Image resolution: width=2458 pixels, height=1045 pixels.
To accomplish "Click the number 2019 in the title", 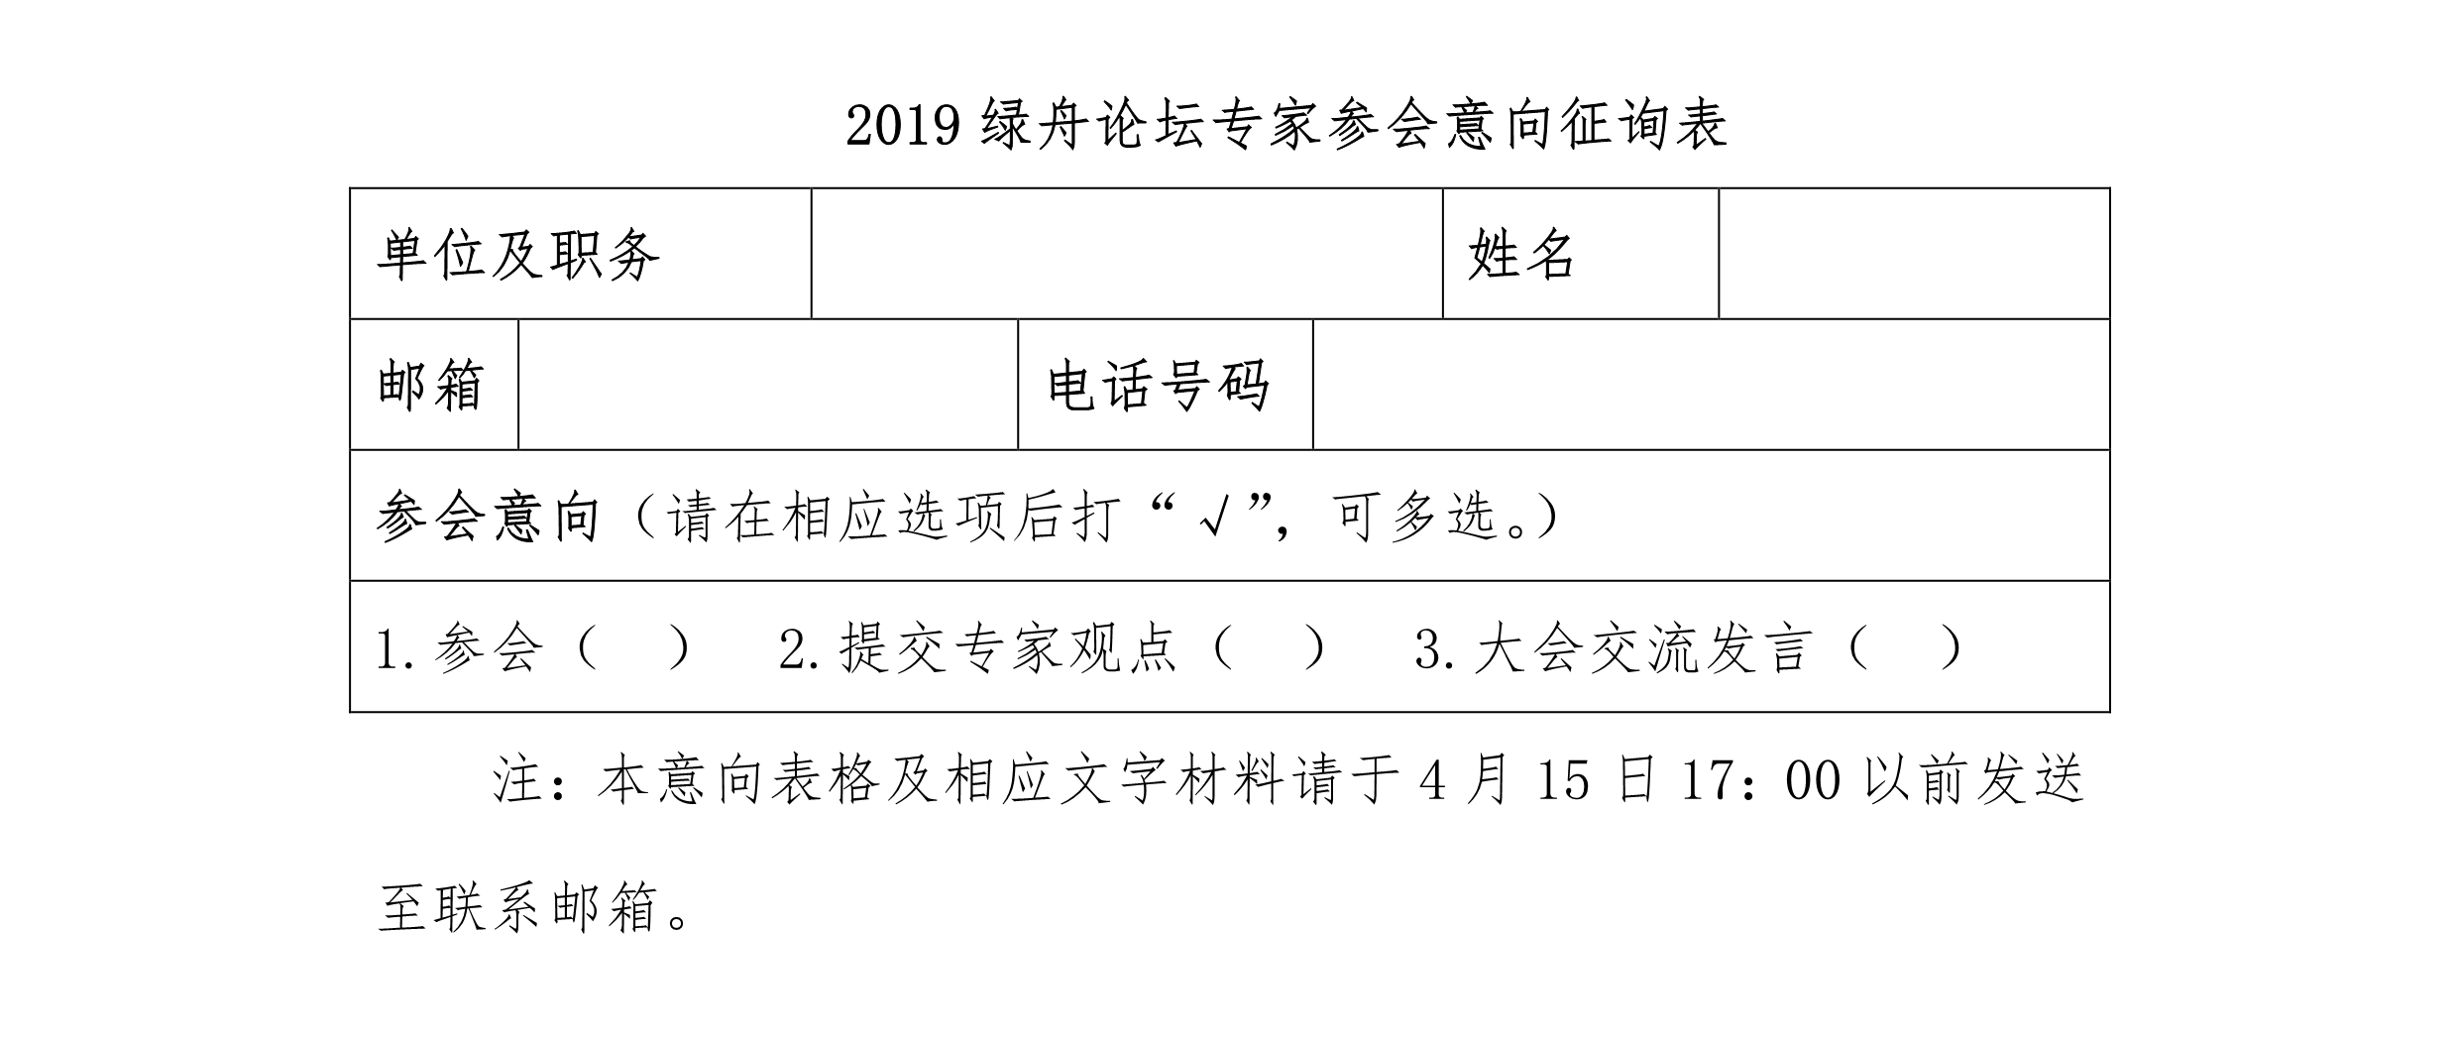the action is (x=904, y=126).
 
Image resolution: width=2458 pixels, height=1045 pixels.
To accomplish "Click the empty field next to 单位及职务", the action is (x=1127, y=254).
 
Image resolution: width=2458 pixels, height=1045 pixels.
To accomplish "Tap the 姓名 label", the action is (x=1521, y=255).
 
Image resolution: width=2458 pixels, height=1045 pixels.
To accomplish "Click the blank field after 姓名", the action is (x=1914, y=254).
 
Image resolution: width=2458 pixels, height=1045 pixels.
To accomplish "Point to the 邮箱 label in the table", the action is (x=431, y=385).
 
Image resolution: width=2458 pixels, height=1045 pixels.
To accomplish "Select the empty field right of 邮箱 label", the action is (x=768, y=385).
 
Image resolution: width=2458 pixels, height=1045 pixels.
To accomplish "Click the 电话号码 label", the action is (x=1159, y=385).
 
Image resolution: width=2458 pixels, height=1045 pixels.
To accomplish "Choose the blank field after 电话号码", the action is (x=1712, y=385).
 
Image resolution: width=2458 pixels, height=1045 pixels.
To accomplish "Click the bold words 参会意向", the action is (x=488, y=517).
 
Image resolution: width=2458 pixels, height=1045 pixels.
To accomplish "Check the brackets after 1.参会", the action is (x=631, y=648).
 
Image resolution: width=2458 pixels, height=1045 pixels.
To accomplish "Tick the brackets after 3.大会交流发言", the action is (x=1904, y=648).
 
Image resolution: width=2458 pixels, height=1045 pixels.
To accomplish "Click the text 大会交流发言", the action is (x=1643, y=648).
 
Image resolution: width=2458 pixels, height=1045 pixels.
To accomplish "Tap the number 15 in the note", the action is (x=1563, y=780).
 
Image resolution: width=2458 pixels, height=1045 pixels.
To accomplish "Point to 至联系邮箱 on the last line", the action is (x=517, y=907).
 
